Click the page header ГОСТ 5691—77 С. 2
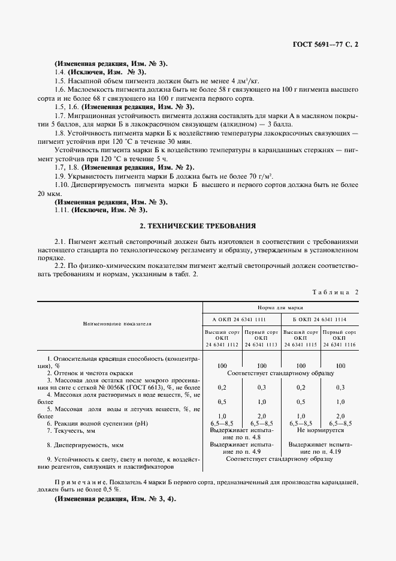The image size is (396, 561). [x=328, y=44]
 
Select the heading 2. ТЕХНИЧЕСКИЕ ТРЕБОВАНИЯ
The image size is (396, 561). [x=198, y=226]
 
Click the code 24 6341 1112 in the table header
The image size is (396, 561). [x=222, y=344]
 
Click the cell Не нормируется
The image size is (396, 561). [x=320, y=430]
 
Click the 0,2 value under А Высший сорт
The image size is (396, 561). [x=222, y=387]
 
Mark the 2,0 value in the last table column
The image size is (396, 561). [x=340, y=415]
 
